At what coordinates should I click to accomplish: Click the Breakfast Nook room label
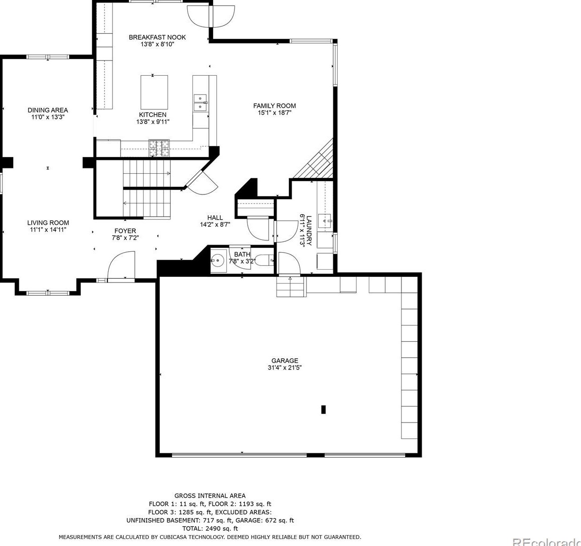[x=157, y=37]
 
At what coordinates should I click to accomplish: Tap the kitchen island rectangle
[x=154, y=92]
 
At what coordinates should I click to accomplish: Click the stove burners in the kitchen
[x=159, y=148]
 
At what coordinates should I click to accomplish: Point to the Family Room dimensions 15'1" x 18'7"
[x=274, y=113]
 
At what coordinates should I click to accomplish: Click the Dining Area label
[x=47, y=110]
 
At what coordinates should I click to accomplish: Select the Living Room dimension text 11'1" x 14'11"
[x=48, y=229]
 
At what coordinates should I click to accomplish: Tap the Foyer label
[x=125, y=231]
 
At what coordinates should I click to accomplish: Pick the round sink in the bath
[x=218, y=260]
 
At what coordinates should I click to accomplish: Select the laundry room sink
[x=325, y=220]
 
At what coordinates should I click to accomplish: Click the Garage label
[x=285, y=361]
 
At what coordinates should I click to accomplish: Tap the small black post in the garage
[x=323, y=409]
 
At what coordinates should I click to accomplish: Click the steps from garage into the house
[x=290, y=287]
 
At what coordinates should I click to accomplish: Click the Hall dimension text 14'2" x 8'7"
[x=215, y=225]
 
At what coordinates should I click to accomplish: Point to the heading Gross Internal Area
[x=210, y=496]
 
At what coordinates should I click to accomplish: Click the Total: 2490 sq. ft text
[x=210, y=528]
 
